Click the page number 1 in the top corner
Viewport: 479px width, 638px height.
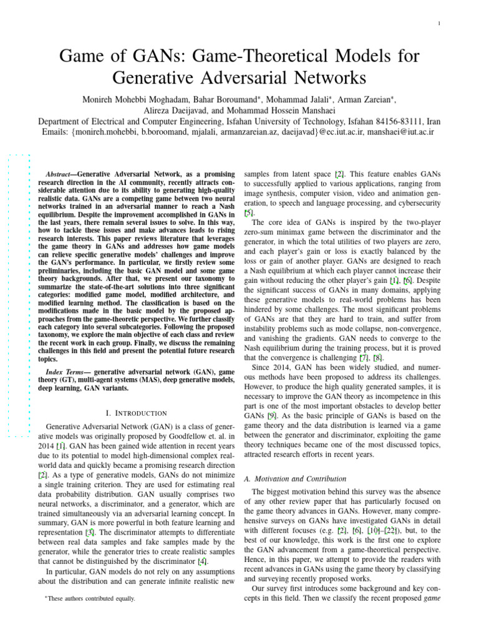click(440, 24)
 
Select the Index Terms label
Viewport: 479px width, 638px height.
click(67, 372)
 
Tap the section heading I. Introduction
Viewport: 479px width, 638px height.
click(136, 412)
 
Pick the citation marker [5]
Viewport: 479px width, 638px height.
click(248, 212)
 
